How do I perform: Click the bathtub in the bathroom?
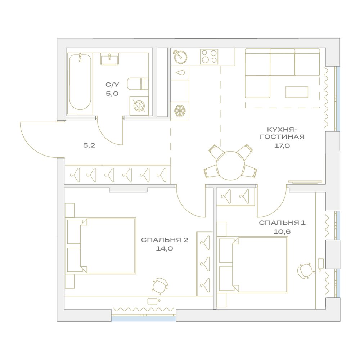click(80, 84)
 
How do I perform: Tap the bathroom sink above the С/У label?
click(109, 59)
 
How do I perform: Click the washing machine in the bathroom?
click(139, 106)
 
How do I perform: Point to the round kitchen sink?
click(180, 57)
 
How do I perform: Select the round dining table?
click(230, 165)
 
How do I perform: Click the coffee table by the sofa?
click(297, 92)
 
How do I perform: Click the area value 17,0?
click(282, 145)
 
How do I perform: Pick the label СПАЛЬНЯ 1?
click(282, 223)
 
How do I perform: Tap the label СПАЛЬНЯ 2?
click(165, 240)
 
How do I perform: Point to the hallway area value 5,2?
click(89, 145)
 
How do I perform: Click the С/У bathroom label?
click(112, 85)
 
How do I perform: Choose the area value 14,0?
click(165, 248)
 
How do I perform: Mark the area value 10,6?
click(282, 231)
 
